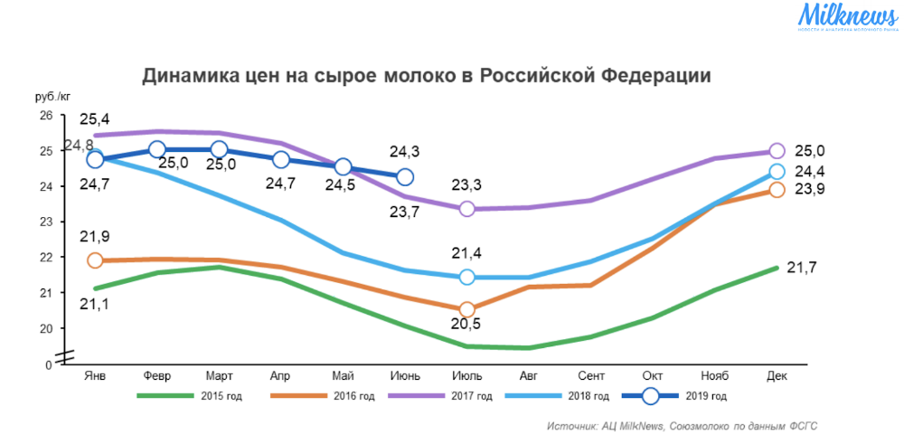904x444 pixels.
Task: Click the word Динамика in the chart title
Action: point(189,76)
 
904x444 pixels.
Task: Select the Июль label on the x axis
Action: point(467,374)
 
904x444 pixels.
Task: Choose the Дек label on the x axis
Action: point(777,374)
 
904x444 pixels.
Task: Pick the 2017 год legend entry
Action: point(443,396)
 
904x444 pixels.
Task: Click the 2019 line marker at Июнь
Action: point(405,177)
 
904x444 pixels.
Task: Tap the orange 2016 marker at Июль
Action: point(467,309)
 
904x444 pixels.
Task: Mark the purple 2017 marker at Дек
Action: point(777,151)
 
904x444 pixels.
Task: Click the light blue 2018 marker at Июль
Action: point(467,277)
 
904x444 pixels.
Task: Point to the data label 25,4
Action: point(94,119)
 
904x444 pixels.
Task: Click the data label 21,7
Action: point(803,268)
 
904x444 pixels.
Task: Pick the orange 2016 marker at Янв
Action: point(95,260)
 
